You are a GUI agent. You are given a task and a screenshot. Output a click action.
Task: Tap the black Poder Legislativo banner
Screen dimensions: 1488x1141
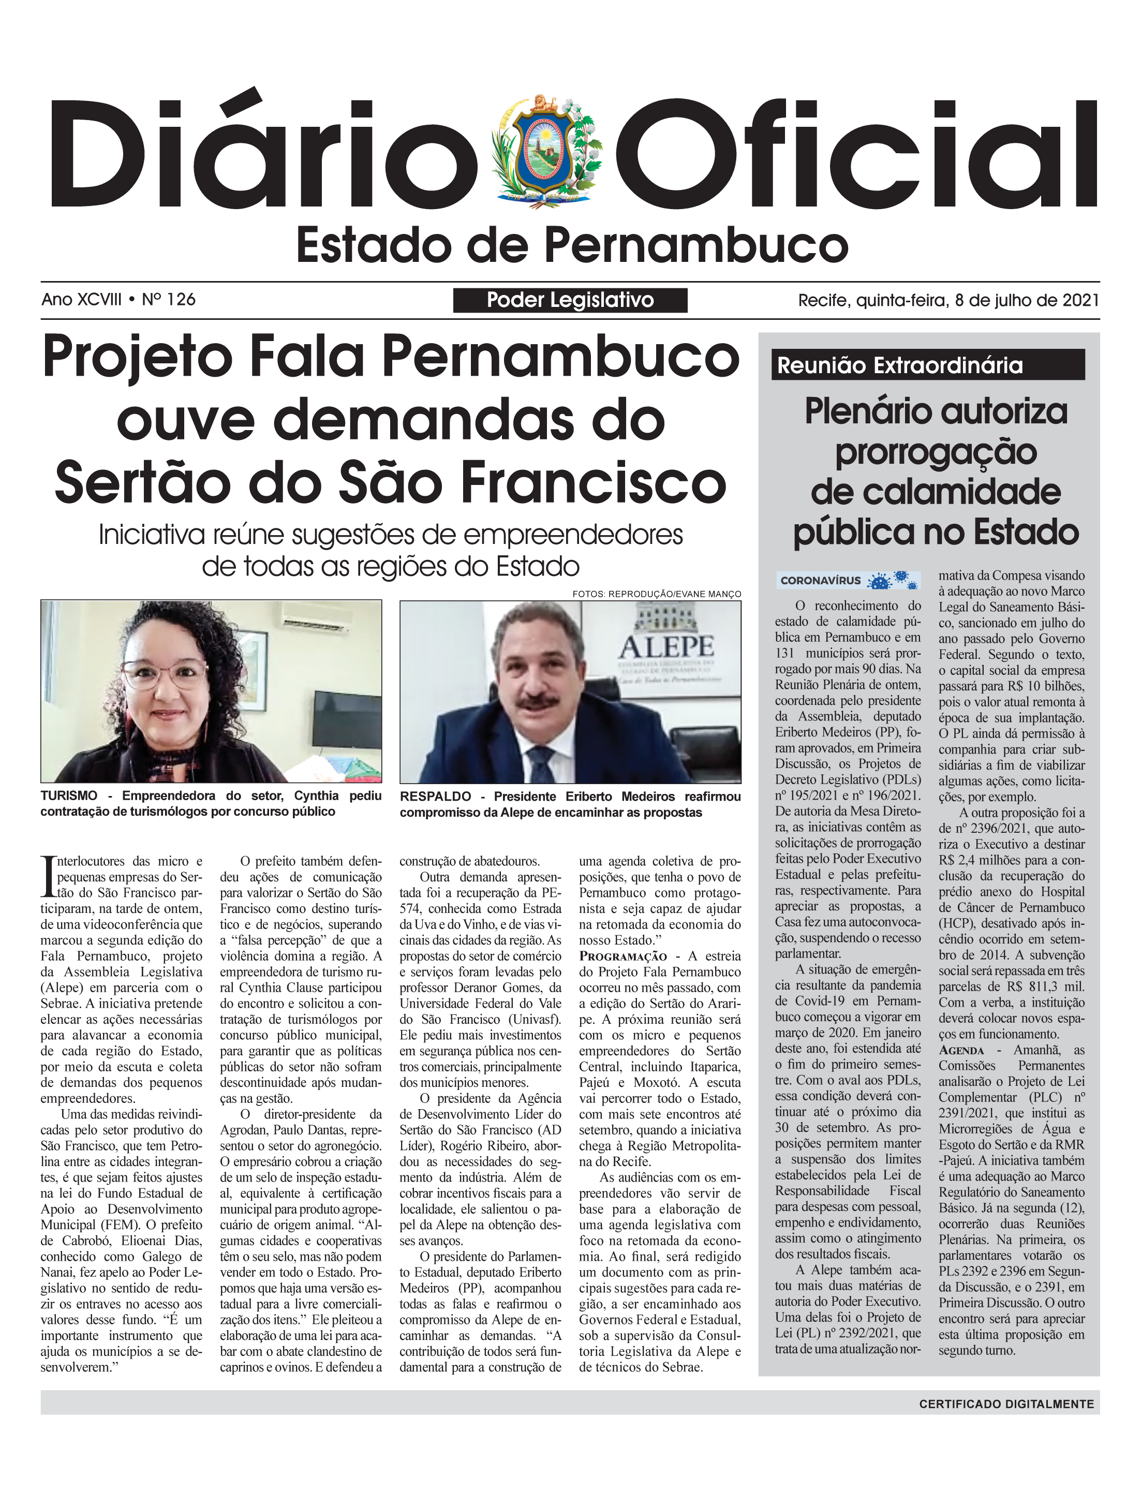coord(570,300)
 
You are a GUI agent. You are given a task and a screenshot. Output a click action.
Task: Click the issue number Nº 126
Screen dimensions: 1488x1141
coord(169,300)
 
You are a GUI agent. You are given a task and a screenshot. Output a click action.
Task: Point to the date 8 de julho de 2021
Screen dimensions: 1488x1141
coord(1026,300)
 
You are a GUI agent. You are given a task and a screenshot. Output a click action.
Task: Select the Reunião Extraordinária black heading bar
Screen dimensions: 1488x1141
coord(928,365)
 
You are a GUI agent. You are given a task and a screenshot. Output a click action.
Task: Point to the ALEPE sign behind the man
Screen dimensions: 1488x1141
coord(666,646)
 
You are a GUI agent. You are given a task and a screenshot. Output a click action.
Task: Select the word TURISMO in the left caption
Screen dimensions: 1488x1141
coord(69,796)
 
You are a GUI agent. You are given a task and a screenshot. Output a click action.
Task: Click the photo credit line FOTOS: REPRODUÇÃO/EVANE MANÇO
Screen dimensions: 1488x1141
coord(656,594)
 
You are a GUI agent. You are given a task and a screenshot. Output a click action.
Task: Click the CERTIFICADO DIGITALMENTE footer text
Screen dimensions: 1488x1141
coord(1006,1404)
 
